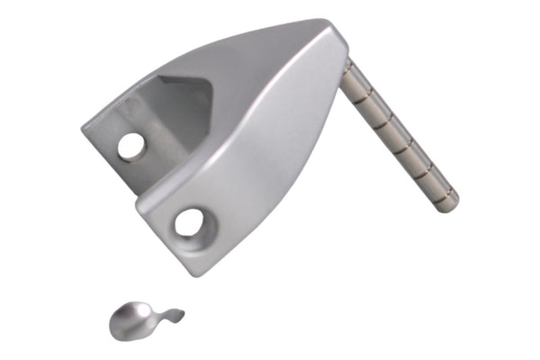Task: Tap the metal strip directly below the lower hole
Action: click(x=194, y=240)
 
